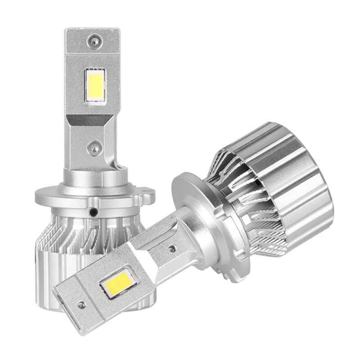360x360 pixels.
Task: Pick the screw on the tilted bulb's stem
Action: (172, 247)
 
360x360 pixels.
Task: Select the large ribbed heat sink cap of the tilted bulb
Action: (288, 180)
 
